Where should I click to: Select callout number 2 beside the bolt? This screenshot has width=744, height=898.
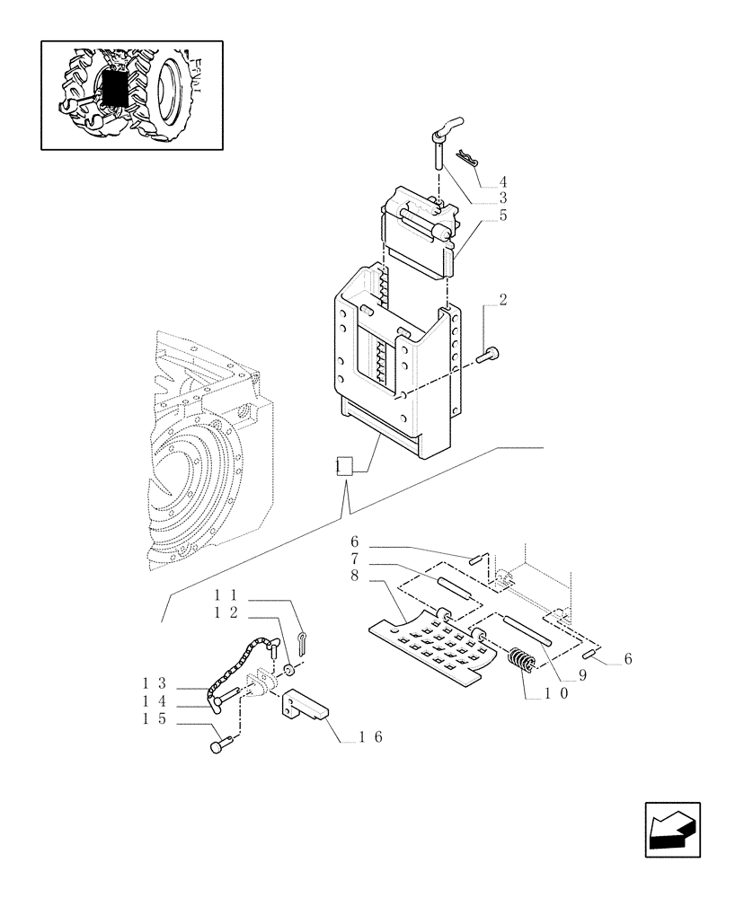[x=502, y=300]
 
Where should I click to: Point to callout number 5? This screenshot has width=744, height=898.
[x=503, y=216]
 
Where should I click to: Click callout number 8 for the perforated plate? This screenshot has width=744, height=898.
[x=355, y=576]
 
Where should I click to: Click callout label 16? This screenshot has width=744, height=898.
[x=371, y=736]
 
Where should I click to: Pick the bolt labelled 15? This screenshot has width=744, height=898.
[x=220, y=744]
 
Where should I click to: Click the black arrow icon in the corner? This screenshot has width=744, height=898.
[x=671, y=829]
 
